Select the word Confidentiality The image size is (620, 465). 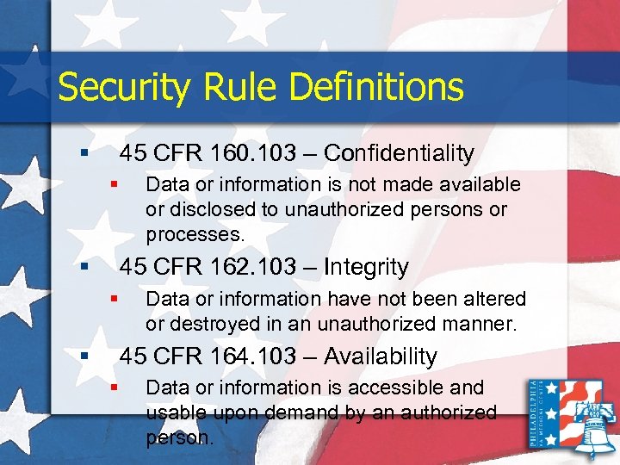[x=399, y=153]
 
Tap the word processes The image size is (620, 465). [x=195, y=234]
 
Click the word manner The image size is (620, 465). [x=484, y=325]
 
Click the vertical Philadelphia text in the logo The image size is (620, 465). [x=537, y=414]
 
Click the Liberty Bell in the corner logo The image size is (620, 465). [x=592, y=422]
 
